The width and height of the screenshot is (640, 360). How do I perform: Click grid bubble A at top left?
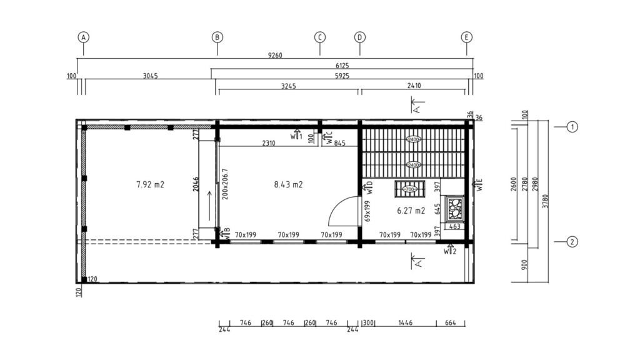[x=83, y=37]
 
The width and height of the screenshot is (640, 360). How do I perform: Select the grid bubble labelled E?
[x=467, y=37]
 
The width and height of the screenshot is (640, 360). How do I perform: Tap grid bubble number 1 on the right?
[x=572, y=127]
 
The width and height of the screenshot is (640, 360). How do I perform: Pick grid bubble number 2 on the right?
[x=572, y=242]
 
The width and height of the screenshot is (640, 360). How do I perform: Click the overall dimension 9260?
[x=275, y=55]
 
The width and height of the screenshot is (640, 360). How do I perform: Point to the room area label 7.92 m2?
[x=150, y=184]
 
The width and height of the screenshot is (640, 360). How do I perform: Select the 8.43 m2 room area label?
[x=288, y=184]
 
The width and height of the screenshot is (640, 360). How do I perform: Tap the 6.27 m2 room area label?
[x=411, y=211]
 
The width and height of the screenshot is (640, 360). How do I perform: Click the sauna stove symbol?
[x=454, y=207]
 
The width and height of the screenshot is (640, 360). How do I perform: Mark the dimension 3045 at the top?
[x=150, y=76]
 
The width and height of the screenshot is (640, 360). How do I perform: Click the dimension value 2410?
[x=414, y=86]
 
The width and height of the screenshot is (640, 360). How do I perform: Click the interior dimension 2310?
[x=268, y=143]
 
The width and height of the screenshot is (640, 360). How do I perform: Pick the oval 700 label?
[x=410, y=189]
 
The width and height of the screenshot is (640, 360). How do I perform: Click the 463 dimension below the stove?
[x=455, y=226]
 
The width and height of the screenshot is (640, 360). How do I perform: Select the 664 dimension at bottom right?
[x=451, y=323]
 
